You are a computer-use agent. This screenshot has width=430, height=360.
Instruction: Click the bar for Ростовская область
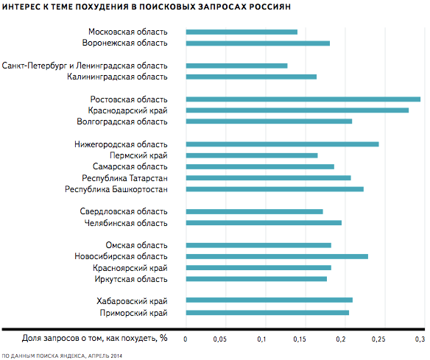pyautogui.click(x=303, y=99)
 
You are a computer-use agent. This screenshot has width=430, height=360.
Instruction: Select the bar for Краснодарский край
pyautogui.click(x=297, y=110)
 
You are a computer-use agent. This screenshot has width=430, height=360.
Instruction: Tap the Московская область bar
pyautogui.click(x=242, y=32)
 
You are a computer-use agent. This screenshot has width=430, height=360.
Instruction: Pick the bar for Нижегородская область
pyautogui.click(x=283, y=144)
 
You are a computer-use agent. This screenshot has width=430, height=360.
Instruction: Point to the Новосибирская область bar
pyautogui.click(x=277, y=257)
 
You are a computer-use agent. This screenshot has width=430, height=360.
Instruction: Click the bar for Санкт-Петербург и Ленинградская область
pyautogui.click(x=236, y=66)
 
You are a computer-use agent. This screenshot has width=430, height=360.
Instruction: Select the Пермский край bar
pyautogui.click(x=252, y=155)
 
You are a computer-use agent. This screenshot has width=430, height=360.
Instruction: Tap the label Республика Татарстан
pyautogui.click(x=124, y=178)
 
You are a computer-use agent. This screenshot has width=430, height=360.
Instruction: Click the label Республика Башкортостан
pyautogui.click(x=116, y=189)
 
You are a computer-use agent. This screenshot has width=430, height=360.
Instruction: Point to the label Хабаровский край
pyautogui.click(x=132, y=301)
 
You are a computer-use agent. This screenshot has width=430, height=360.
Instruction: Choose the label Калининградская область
pyautogui.click(x=117, y=77)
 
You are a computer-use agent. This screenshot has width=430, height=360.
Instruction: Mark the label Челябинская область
pyautogui.click(x=126, y=223)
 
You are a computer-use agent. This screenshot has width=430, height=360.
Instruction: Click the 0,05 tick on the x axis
pyautogui.click(x=220, y=339)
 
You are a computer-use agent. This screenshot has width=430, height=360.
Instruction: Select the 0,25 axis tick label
pyautogui.click(x=378, y=339)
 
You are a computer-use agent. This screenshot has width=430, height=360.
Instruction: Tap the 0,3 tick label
pyautogui.click(x=420, y=339)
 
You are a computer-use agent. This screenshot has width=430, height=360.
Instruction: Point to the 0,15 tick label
pyautogui.click(x=300, y=339)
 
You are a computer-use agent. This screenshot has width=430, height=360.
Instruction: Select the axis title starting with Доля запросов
pyautogui.click(x=94, y=339)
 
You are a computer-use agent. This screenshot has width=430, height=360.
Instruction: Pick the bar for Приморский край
pyautogui.click(x=267, y=313)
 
